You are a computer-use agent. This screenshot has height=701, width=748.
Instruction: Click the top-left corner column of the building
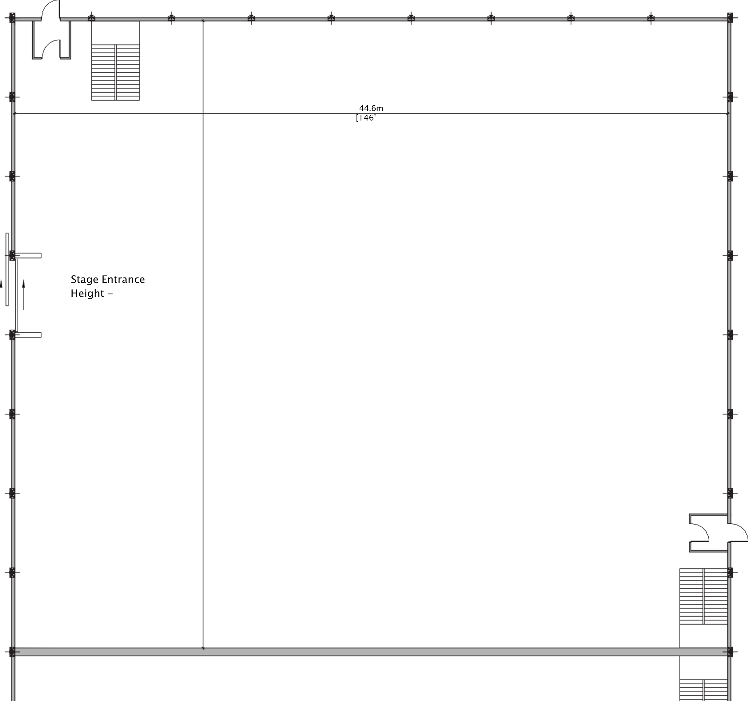coord(12,17)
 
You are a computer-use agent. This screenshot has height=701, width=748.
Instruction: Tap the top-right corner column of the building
coord(730,17)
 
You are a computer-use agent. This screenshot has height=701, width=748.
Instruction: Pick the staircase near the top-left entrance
coord(115,72)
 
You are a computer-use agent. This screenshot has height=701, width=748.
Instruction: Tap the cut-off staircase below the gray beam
coord(703,685)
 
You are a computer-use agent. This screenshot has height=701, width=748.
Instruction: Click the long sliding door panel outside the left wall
coord(7,269)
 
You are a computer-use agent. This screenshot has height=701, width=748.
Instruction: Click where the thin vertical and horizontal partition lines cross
coord(203,113)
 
